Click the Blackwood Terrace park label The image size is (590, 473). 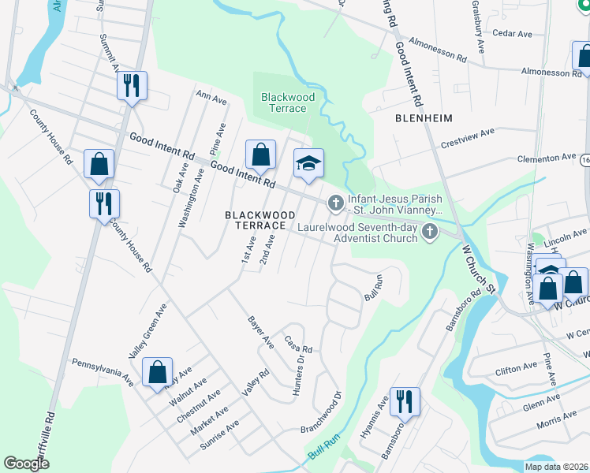point(288,102)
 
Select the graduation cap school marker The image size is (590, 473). point(308,163)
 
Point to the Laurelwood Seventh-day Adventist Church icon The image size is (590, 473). point(430,231)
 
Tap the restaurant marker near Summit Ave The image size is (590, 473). point(132,84)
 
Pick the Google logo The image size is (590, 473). point(26,464)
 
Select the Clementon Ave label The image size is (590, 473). point(547,158)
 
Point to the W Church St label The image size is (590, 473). point(477,267)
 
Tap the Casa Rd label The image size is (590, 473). point(299,345)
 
